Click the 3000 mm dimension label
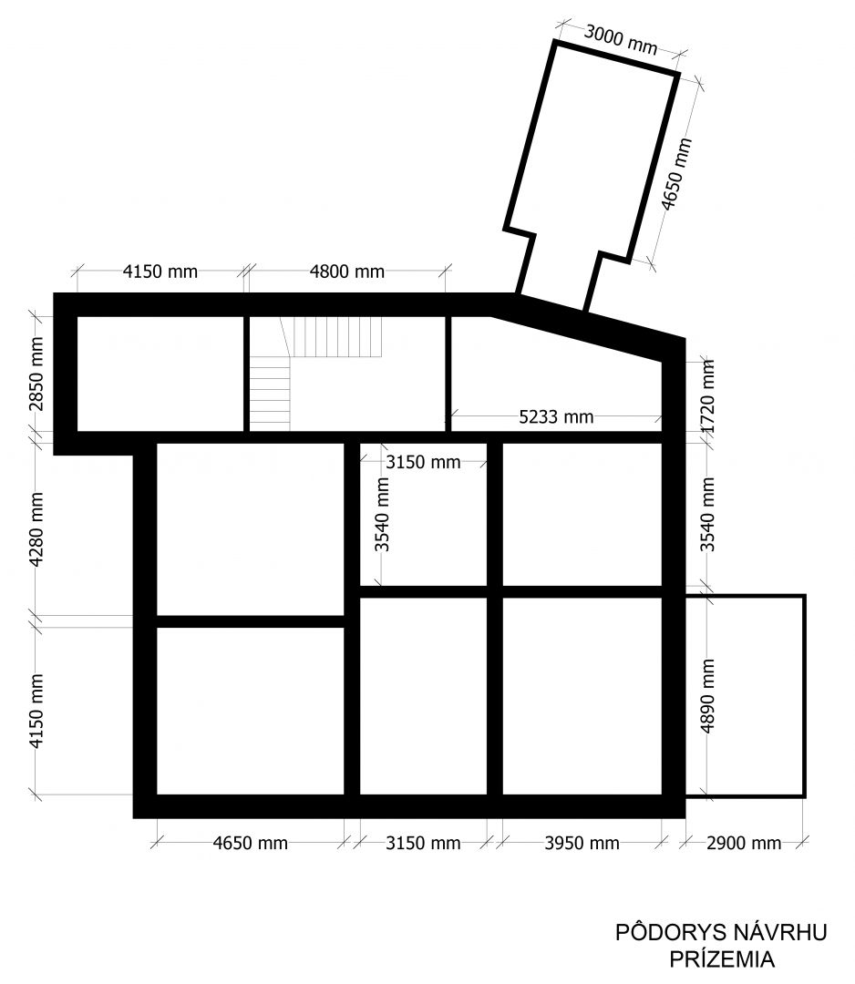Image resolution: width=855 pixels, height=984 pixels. tap(620, 39)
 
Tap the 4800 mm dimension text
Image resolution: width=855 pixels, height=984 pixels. tap(347, 272)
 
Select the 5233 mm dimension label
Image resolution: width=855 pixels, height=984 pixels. tap(556, 416)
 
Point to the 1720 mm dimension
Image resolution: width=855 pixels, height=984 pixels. tap(708, 396)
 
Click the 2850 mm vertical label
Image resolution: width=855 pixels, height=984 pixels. tap(37, 374)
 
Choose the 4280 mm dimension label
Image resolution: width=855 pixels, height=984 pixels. tap(37, 529)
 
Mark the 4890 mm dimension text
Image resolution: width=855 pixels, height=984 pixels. tap(708, 696)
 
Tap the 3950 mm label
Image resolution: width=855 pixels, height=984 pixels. tap(582, 843)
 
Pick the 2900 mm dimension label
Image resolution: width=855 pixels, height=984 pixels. tap(744, 843)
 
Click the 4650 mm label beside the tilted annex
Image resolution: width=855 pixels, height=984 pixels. tap(676, 174)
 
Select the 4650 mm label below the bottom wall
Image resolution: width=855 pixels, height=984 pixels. tap(251, 843)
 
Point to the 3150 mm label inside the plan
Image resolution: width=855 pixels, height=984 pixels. tap(423, 463)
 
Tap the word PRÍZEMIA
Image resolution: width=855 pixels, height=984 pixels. tap(722, 959)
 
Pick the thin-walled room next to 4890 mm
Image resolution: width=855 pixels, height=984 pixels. tap(746, 696)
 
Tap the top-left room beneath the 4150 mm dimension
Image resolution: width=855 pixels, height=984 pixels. tap(160, 374)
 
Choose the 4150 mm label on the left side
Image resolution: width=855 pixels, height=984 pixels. tap(37, 711)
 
